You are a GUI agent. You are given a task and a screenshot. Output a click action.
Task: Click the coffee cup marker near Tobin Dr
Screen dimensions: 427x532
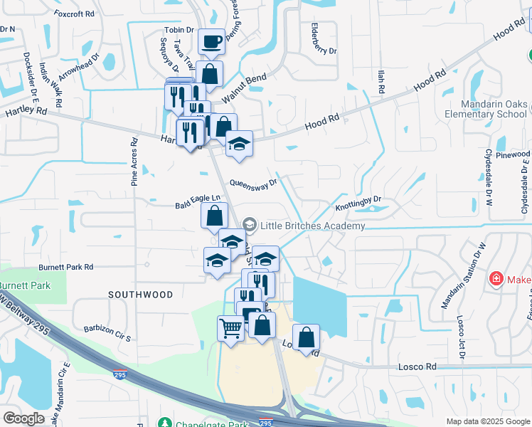pos(211,42)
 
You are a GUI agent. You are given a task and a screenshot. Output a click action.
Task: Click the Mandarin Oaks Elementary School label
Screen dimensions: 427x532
pos(486,109)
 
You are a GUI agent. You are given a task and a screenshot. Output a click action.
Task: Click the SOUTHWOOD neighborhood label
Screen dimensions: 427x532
pos(140,294)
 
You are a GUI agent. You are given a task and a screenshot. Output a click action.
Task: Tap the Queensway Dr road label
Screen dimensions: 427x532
pos(252,182)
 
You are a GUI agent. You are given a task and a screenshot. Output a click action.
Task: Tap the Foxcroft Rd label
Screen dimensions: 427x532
pos(73,14)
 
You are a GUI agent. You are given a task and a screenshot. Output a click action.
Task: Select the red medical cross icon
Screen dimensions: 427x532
pos(496,279)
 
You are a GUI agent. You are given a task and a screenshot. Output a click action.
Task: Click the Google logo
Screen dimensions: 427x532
pos(23,418)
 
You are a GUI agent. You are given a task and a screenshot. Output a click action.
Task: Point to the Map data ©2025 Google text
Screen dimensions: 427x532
pos(487,421)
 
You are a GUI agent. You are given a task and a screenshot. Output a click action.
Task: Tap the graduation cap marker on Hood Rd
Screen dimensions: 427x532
pos(240,143)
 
